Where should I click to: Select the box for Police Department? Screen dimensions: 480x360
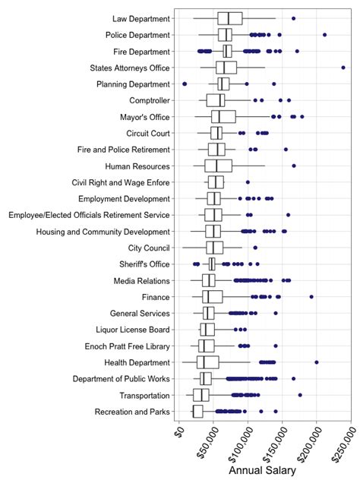(x=225, y=35)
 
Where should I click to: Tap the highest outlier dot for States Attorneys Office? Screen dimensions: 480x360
(x=344, y=68)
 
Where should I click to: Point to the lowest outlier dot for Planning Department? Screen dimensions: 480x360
(x=185, y=84)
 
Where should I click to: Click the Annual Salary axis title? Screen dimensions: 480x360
(x=264, y=471)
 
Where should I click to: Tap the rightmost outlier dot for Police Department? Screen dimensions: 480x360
(x=325, y=35)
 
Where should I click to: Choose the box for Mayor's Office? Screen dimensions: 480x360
(x=223, y=116)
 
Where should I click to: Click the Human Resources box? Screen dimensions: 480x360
(x=218, y=166)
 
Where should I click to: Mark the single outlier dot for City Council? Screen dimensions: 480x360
(x=255, y=248)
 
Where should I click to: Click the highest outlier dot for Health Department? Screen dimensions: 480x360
(x=317, y=362)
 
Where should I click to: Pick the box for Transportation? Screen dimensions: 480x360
(x=201, y=395)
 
